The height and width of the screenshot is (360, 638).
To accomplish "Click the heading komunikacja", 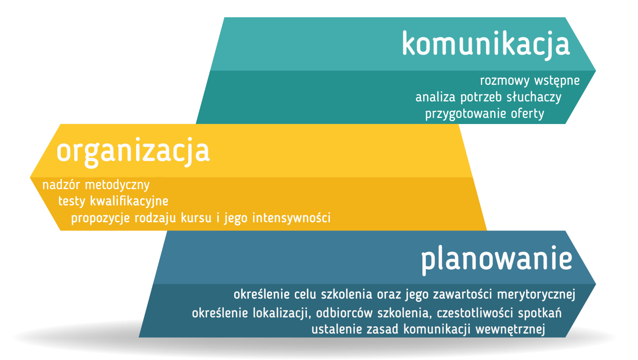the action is [x=486, y=45].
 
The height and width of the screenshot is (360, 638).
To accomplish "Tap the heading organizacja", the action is [x=133, y=152].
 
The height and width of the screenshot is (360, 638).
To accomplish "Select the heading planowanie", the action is [x=497, y=260].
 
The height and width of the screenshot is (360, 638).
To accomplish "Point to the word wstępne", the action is [x=557, y=81].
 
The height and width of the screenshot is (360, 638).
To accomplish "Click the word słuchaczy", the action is [x=534, y=97].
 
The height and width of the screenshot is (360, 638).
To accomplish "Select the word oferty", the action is [x=527, y=114].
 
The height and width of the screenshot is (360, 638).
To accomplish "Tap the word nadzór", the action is [x=61, y=185].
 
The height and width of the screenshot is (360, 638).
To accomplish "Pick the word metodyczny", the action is [x=118, y=186].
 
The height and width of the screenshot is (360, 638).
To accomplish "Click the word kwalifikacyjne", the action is [x=129, y=202].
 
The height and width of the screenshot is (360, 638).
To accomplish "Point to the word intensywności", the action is [x=291, y=218].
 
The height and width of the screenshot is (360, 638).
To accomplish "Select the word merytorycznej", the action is [x=536, y=295].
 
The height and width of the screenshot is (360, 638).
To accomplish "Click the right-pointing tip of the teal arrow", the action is [x=595, y=71].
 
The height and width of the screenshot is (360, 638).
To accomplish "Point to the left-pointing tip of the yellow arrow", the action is [x=30, y=177].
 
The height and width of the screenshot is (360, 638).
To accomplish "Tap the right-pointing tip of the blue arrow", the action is [x=595, y=284].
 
